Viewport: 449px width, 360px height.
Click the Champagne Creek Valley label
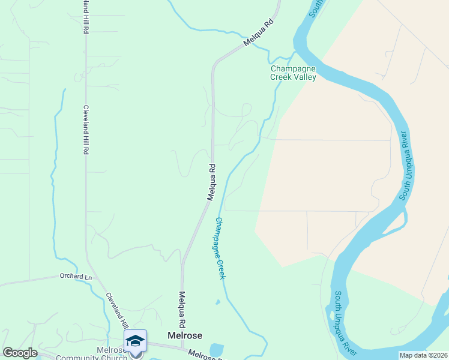coord(293,73)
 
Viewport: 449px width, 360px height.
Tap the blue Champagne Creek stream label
coord(220,248)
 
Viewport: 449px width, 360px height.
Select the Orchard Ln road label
coord(76,277)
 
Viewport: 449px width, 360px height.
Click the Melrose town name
coord(185,336)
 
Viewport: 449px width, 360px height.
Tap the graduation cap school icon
coord(136,341)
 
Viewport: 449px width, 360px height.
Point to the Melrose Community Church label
coord(91,354)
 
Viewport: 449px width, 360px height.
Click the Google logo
coord(20,353)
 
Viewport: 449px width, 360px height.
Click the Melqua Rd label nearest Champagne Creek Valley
coord(259,34)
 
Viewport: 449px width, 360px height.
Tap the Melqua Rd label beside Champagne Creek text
coord(211,182)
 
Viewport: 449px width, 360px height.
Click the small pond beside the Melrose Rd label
coord(216,349)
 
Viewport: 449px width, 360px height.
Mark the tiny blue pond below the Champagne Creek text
coord(218,302)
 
